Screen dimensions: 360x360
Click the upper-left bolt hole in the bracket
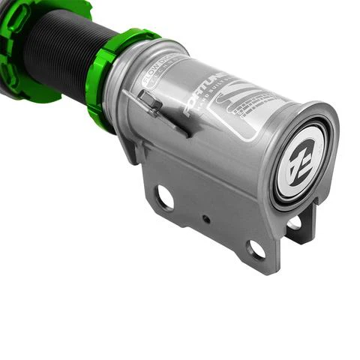pyautogui.click(x=164, y=198)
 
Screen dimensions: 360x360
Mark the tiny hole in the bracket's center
pyautogui.click(x=205, y=220)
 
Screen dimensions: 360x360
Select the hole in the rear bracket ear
pyautogui.click(x=295, y=223)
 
